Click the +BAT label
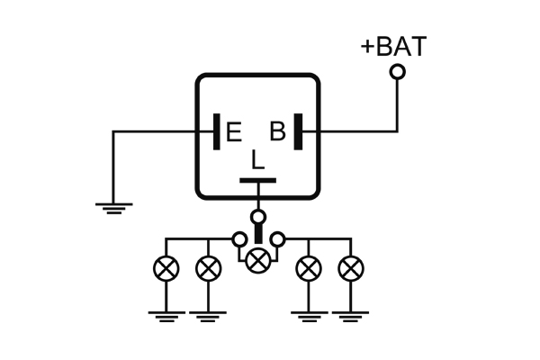(393, 46)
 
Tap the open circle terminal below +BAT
(397, 71)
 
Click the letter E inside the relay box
(234, 133)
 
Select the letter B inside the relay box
(278, 132)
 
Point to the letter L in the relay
(258, 160)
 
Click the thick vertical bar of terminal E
(217, 131)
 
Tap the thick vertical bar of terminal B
(297, 131)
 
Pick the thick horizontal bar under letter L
(258, 181)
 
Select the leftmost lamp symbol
(166, 268)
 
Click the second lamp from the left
(209, 268)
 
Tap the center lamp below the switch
(258, 261)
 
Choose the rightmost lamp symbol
(351, 268)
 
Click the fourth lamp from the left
(309, 268)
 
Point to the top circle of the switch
(258, 217)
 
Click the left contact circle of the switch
(238, 239)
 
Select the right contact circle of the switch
(279, 239)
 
